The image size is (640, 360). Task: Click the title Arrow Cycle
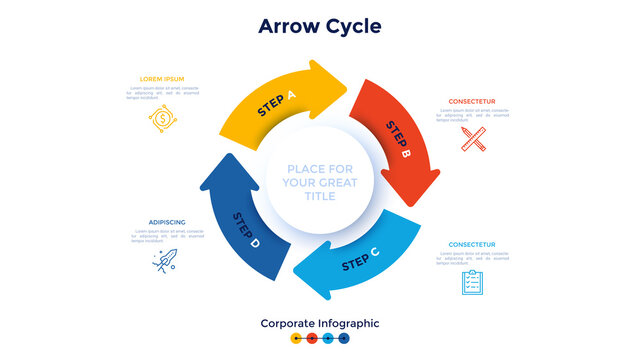pyautogui.click(x=319, y=26)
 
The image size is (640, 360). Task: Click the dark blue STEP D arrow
pyautogui.click(x=240, y=225)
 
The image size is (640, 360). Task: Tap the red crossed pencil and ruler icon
pyautogui.click(x=473, y=138)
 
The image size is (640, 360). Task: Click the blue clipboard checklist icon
pyautogui.click(x=472, y=282)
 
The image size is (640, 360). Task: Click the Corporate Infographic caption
pyautogui.click(x=319, y=323)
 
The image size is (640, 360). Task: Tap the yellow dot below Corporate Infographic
pyautogui.click(x=296, y=339)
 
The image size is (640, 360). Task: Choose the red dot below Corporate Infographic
pyautogui.click(x=312, y=339)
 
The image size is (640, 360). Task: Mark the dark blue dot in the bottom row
pyautogui.click(x=344, y=339)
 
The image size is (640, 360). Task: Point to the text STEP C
pyautogui.click(x=360, y=261)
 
